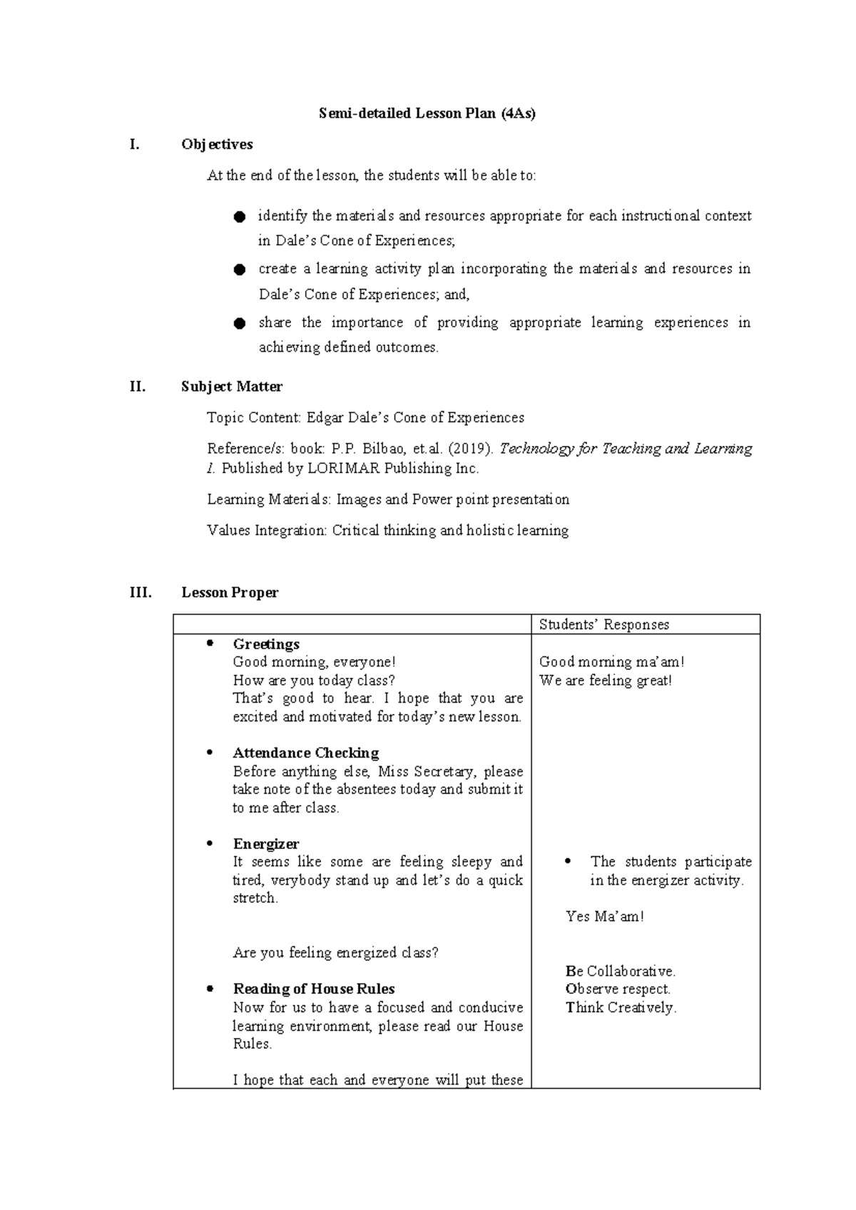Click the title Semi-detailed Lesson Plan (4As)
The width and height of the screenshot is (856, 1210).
[427, 113]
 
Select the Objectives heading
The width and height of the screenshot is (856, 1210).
[217, 144]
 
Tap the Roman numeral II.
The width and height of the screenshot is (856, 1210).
[137, 387]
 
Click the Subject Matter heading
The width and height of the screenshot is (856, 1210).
[232, 387]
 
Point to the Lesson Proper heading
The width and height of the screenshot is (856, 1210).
[230, 592]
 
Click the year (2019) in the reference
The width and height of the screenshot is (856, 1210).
[470, 449]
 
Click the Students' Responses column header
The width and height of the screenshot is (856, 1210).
[603, 625]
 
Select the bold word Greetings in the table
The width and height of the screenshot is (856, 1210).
[266, 644]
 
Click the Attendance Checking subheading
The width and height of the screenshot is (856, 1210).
[305, 753]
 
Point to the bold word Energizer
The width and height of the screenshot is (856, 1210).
[266, 844]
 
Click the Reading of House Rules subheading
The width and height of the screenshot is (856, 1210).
[314, 989]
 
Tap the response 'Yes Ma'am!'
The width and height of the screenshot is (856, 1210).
[604, 917]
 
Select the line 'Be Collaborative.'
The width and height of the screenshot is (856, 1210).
[620, 971]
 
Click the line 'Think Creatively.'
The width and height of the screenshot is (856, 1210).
[621, 1007]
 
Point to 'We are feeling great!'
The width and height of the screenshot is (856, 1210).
[606, 681]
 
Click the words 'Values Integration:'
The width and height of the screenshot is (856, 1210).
[267, 531]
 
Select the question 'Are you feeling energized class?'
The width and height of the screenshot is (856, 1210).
[335, 953]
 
